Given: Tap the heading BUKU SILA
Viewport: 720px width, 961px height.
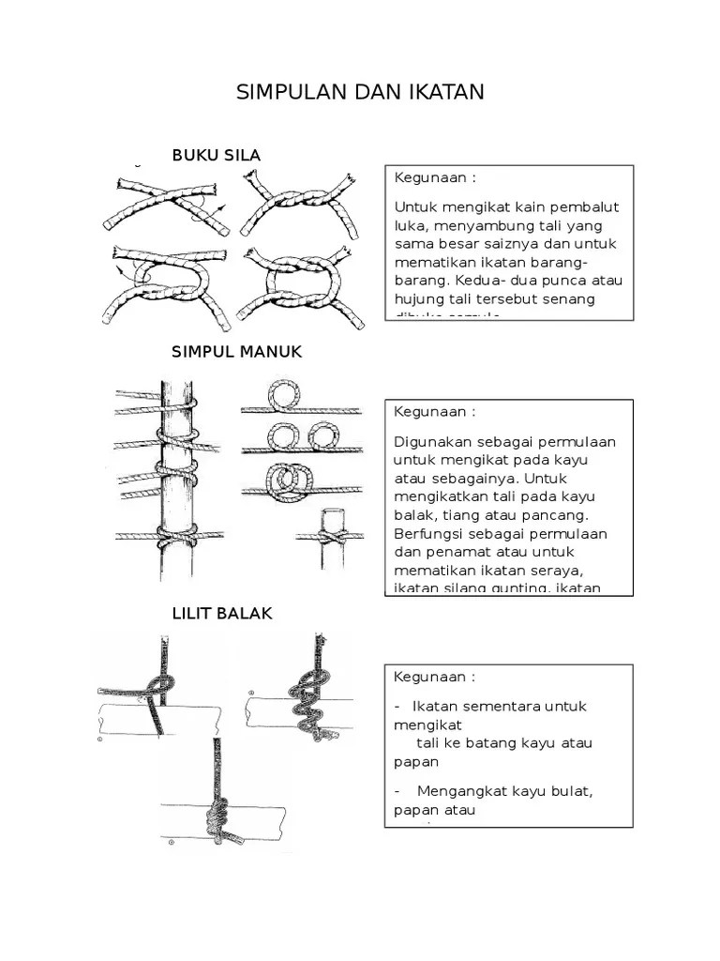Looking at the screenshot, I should coord(216,155).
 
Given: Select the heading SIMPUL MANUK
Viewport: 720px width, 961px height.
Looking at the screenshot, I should coord(236,352).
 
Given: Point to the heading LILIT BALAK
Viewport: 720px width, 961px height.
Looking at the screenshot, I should coord(222,613).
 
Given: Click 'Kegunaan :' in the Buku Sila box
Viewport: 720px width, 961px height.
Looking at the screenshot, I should coord(434,177).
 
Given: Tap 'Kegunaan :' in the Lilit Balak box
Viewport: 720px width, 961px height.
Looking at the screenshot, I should coord(434,677).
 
